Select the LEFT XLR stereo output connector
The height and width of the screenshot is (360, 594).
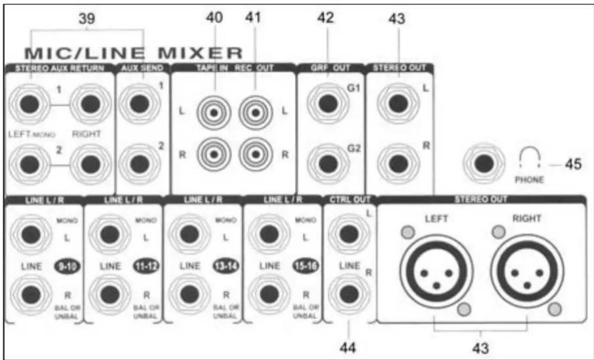point(436,269)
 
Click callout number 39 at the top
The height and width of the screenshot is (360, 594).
point(88,19)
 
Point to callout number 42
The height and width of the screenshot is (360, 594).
point(327,19)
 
